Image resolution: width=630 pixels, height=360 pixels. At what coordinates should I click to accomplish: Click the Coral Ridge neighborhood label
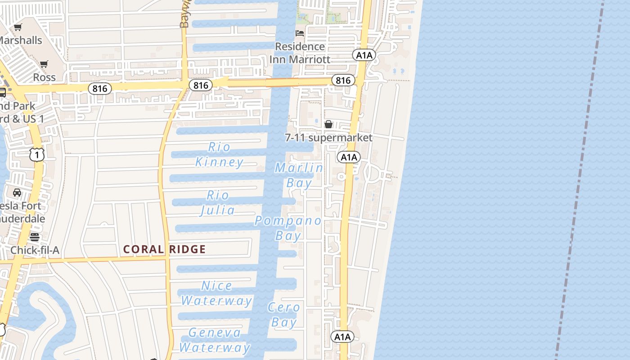point(164,249)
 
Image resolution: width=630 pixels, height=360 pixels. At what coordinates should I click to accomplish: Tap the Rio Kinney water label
point(220,154)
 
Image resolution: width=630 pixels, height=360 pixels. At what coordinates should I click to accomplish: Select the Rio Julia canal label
point(218,202)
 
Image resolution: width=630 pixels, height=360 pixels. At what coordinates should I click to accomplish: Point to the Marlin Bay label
point(299,175)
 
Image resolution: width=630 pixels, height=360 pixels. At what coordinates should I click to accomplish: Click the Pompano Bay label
point(288,228)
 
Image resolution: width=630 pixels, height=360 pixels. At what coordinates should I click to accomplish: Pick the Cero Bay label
point(284,315)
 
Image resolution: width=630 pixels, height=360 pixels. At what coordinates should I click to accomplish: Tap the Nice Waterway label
point(216,293)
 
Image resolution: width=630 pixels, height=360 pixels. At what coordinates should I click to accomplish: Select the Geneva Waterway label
point(215,340)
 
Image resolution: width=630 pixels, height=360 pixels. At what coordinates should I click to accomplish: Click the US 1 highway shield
point(37,155)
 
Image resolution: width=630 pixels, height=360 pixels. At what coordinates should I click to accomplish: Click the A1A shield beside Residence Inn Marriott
point(364,55)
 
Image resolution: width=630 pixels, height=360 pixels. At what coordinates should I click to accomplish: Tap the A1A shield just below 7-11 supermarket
point(349,157)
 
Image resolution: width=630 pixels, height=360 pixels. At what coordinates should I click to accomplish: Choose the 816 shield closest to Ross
point(100,88)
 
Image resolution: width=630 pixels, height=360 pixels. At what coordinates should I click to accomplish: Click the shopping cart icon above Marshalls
point(18,27)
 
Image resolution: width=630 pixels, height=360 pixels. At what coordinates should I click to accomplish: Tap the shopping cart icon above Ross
point(44,64)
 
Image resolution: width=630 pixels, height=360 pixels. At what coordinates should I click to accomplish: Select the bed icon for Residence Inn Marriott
point(300,33)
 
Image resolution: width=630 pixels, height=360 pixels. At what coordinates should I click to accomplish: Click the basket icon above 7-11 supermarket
point(328,124)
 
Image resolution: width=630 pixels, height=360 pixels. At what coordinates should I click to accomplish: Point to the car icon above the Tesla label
point(17,193)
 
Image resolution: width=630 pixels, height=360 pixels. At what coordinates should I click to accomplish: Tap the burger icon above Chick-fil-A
point(35,237)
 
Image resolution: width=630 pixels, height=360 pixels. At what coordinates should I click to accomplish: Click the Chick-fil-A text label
point(35,250)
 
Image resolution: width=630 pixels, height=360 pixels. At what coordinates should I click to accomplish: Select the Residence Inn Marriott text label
point(300,53)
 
